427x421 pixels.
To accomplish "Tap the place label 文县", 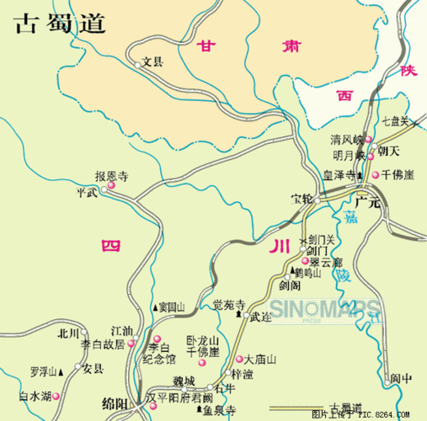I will click(x=152, y=61).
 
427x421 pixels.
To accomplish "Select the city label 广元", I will click(x=368, y=202).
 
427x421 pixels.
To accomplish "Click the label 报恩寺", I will click(x=111, y=177).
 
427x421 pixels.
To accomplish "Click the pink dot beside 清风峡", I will click(x=369, y=140).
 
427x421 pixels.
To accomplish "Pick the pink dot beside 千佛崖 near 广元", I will click(x=376, y=175).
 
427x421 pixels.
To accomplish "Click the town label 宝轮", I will click(x=302, y=200).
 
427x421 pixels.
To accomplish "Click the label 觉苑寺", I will click(x=228, y=304).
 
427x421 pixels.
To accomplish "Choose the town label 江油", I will click(x=121, y=331).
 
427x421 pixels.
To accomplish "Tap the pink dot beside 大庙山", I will click(x=238, y=359).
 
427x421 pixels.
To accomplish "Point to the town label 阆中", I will click(x=401, y=378).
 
